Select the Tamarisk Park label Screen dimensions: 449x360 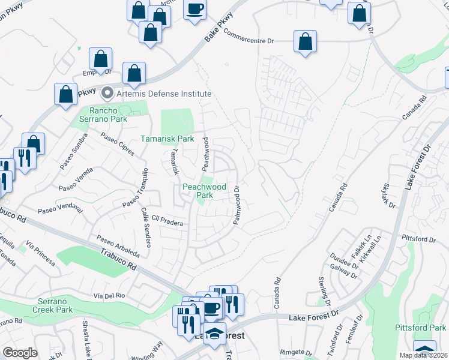point(167,139)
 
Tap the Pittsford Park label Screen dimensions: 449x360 point(420,328)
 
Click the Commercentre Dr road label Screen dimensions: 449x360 point(249,37)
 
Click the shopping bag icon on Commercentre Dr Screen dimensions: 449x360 point(305,42)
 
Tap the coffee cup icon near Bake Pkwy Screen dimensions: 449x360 point(194,8)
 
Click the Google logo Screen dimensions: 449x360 point(20,353)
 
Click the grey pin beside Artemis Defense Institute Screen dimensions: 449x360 point(107,93)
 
